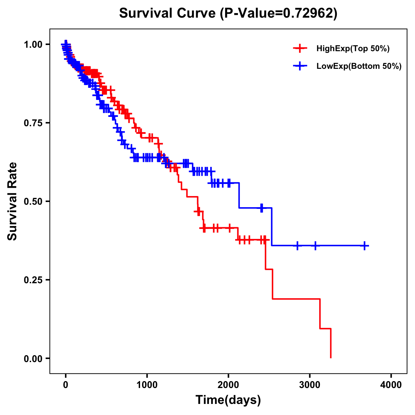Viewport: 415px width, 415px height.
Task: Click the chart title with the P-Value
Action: (x=228, y=13)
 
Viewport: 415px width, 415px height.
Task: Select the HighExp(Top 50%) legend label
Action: (x=353, y=49)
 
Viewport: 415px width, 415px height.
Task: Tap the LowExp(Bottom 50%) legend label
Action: (x=359, y=66)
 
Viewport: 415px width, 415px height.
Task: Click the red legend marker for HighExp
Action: (x=300, y=48)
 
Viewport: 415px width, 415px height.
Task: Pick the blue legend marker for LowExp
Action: (x=300, y=66)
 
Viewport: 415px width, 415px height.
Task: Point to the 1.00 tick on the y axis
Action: (x=34, y=45)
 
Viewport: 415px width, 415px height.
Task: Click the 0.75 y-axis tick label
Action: (x=34, y=123)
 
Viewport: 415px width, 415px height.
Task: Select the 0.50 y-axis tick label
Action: (x=34, y=202)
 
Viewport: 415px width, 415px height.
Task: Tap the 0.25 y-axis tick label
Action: (x=34, y=280)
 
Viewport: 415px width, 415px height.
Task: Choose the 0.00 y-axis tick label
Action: (x=34, y=359)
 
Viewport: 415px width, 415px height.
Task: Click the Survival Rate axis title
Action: (x=12, y=201)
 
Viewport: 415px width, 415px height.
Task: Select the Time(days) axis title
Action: (x=228, y=400)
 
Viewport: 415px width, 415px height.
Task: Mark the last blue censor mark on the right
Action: (x=365, y=246)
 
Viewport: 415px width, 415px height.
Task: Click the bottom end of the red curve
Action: (x=331, y=357)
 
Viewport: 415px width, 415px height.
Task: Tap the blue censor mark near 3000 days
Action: (x=315, y=246)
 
